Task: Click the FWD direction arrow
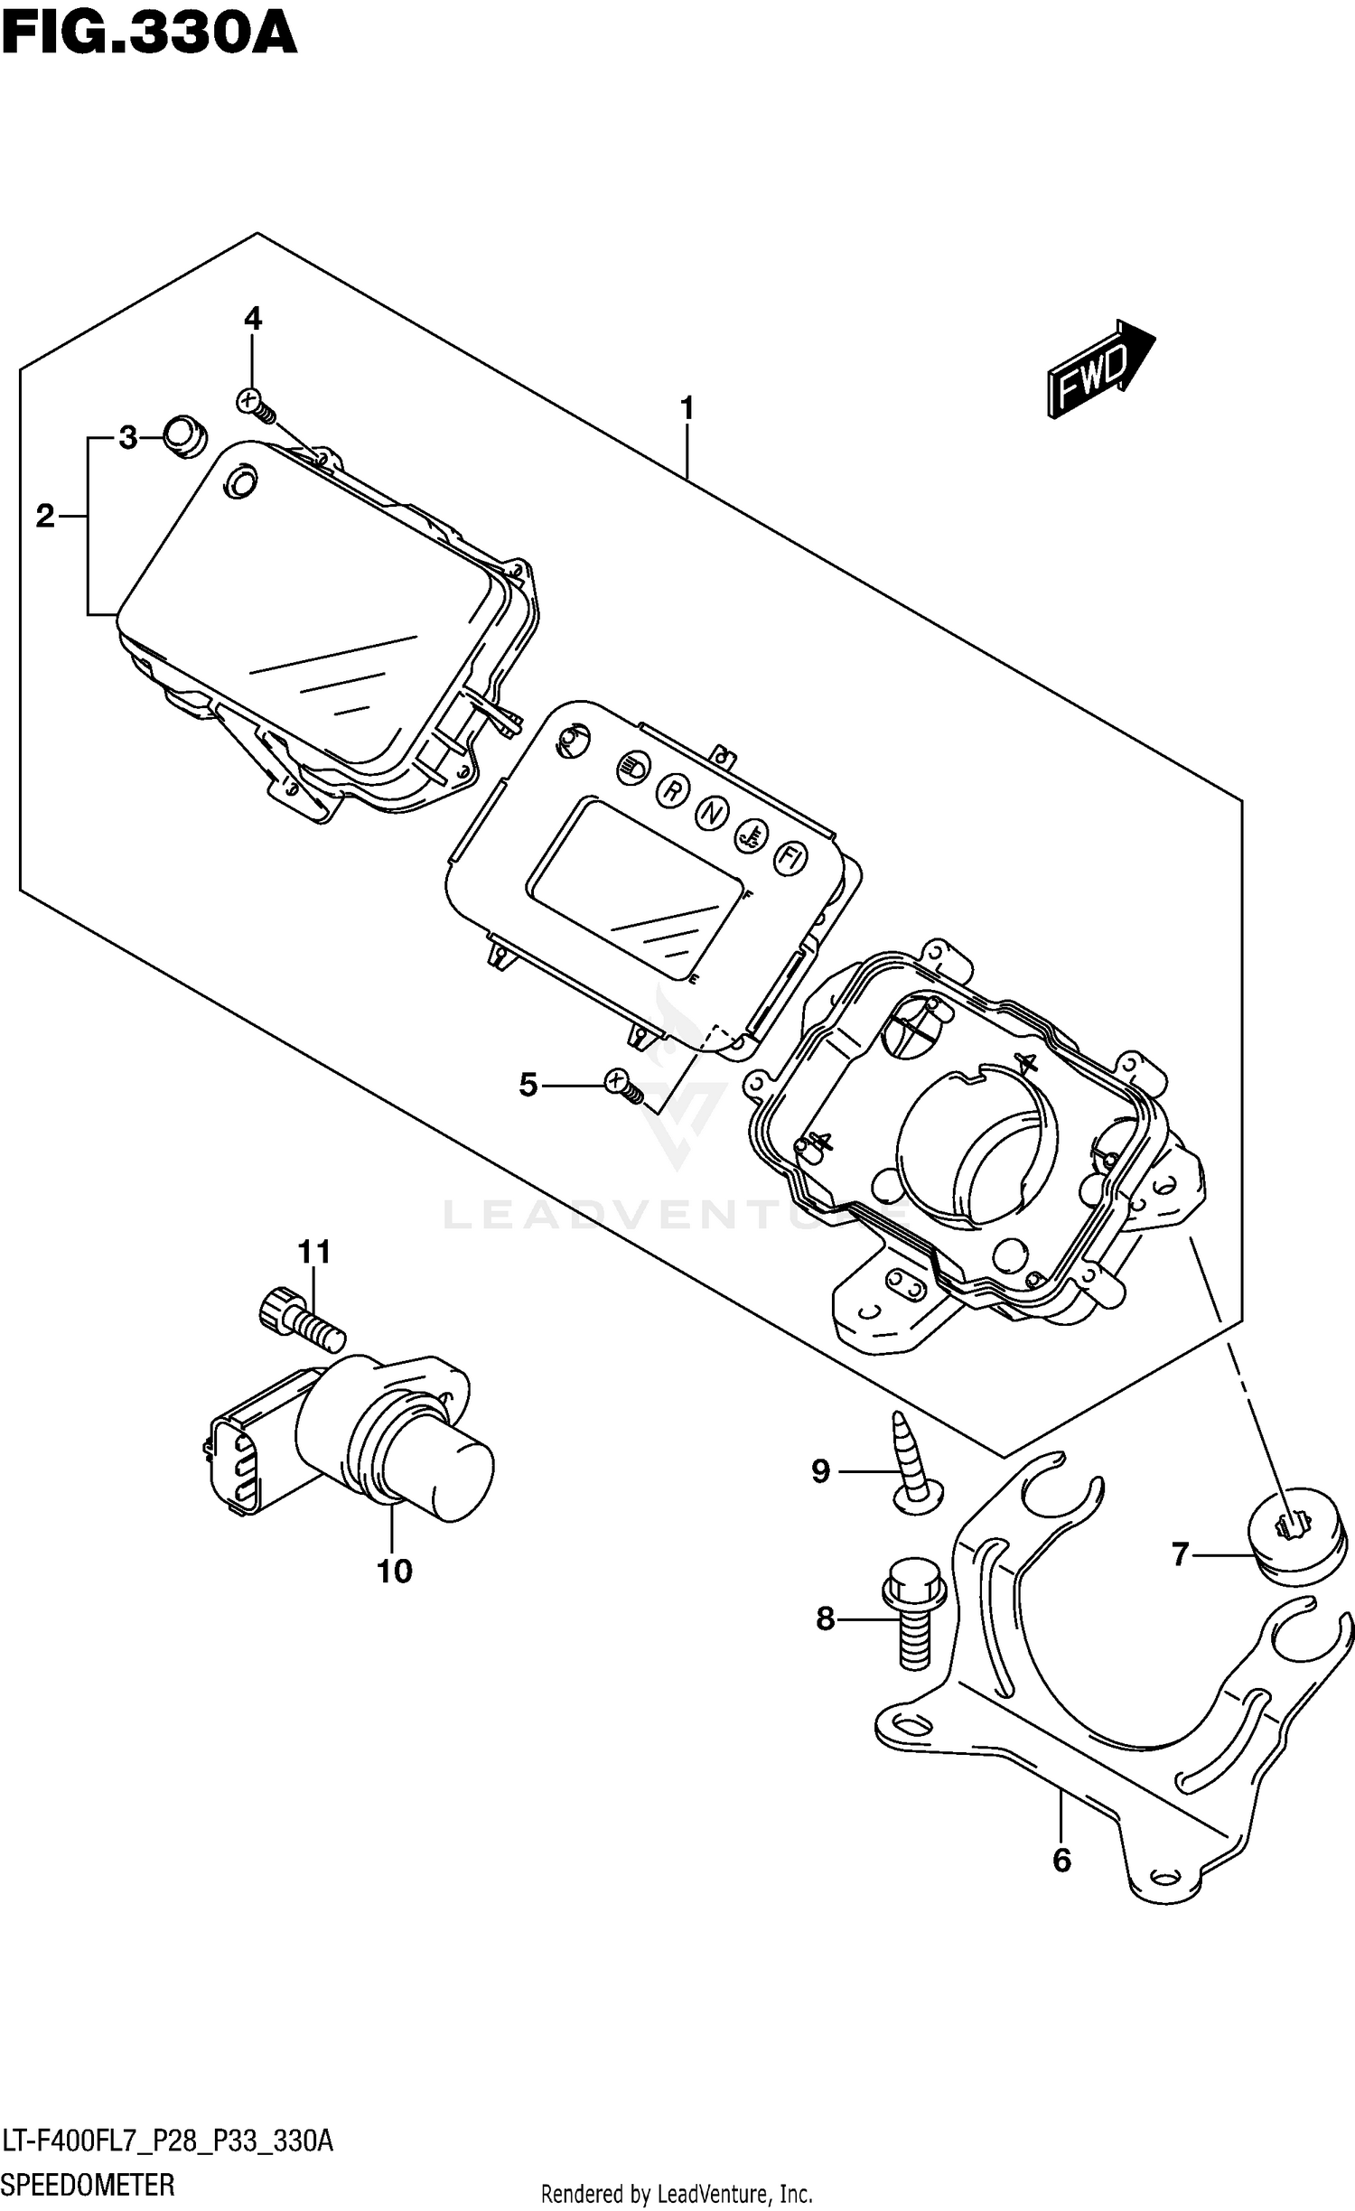click(1099, 368)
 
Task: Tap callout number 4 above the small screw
click(253, 318)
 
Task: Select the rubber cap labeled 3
click(184, 436)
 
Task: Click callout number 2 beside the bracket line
click(45, 517)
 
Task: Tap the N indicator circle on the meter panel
click(712, 813)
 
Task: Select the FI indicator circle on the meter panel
click(790, 858)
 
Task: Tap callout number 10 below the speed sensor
click(395, 1572)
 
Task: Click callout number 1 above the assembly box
click(687, 409)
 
